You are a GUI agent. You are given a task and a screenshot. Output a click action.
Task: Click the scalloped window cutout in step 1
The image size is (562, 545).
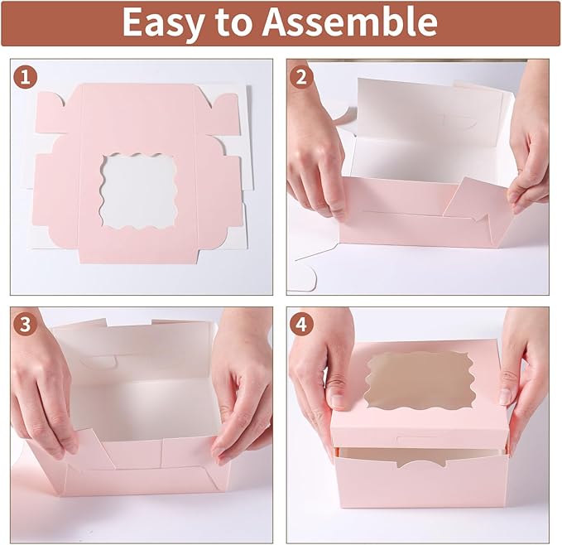click(137, 192)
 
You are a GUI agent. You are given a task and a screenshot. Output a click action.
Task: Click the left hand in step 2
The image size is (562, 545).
click(315, 157)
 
